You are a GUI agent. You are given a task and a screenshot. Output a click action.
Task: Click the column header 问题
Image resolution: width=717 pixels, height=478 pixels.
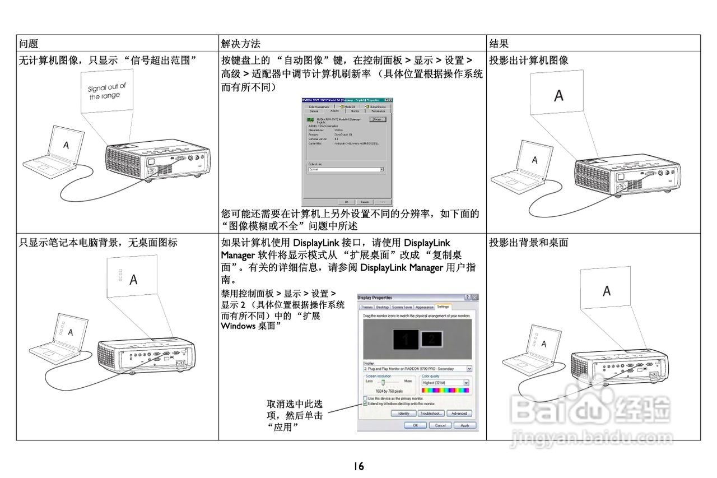(29, 43)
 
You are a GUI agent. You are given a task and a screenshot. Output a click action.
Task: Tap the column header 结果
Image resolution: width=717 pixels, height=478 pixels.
(499, 43)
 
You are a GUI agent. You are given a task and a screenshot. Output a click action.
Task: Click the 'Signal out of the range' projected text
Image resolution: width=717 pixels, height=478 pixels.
(107, 91)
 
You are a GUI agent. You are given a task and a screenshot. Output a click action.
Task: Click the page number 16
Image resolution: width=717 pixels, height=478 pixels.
(358, 465)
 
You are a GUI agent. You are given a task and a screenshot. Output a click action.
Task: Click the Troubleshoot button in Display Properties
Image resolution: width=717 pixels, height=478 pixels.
(431, 414)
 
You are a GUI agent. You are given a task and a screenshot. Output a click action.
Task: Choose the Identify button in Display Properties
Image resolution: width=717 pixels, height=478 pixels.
(403, 414)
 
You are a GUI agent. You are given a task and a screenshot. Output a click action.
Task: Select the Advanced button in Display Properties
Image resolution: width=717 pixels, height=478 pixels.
(459, 414)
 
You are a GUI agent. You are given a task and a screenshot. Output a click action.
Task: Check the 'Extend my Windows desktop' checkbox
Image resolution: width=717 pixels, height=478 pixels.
(365, 403)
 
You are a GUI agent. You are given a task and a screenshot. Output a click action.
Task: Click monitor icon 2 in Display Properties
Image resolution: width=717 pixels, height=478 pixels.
(431, 338)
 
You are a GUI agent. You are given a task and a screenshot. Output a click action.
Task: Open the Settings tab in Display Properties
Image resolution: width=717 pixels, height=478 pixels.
(443, 307)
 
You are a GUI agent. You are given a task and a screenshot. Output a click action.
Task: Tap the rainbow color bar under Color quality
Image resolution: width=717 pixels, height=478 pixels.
(445, 389)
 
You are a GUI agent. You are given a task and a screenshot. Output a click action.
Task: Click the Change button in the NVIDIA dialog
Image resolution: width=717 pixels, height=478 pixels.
(377, 119)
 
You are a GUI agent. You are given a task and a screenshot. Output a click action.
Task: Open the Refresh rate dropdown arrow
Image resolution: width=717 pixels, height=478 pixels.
(381, 169)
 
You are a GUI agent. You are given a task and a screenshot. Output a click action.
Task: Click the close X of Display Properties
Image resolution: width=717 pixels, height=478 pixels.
(474, 297)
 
